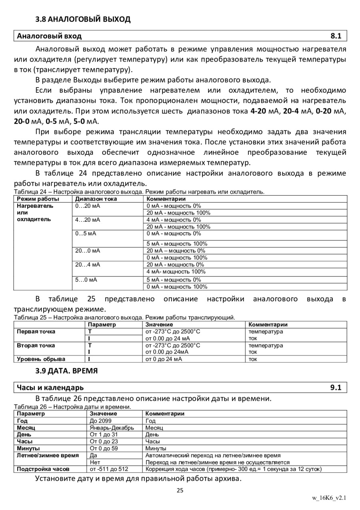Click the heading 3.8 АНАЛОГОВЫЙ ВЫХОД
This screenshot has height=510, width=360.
coord(83,19)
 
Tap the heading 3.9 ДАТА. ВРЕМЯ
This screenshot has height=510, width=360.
coord(66,371)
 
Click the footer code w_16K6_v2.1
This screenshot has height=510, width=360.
coord(329,498)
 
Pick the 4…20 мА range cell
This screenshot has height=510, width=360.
coord(88,220)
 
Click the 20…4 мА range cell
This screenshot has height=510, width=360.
coord(88,265)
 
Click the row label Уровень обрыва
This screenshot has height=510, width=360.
coord(41,359)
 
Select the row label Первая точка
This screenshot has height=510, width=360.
coord(36,331)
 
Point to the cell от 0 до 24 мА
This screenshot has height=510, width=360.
coord(164,359)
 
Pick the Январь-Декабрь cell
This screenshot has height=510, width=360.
coord(112,428)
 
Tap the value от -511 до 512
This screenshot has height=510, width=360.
coord(109,469)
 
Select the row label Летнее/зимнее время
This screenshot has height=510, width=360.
coord(48,455)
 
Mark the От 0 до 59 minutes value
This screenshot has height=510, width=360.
coord(104,448)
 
